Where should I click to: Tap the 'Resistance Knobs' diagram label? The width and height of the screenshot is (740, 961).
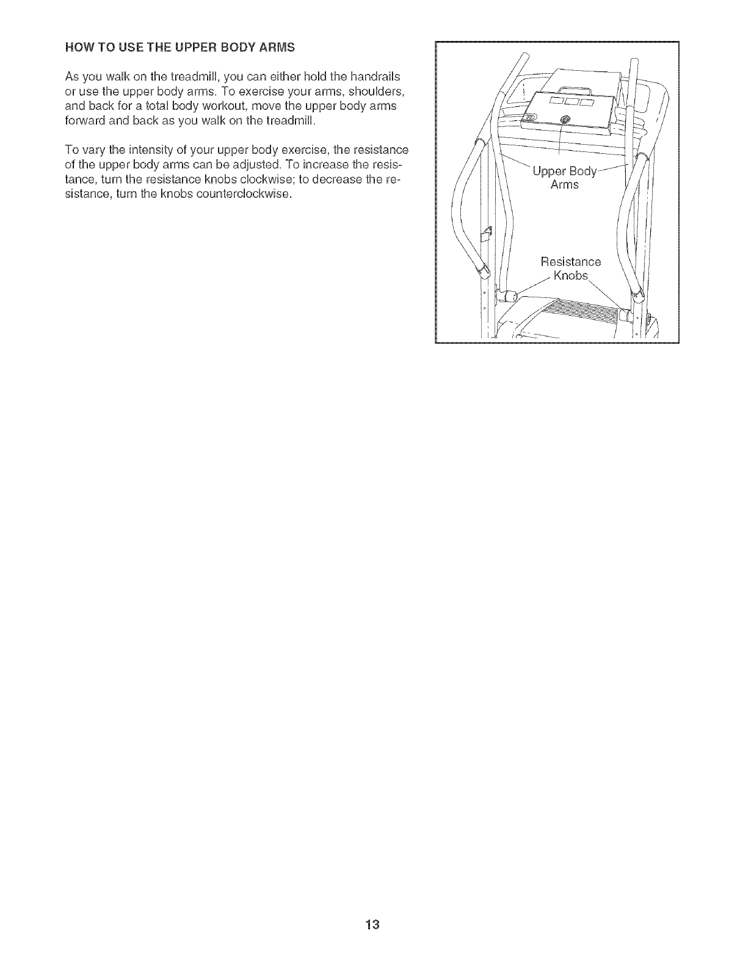point(570,269)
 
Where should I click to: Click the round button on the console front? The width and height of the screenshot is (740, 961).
point(564,120)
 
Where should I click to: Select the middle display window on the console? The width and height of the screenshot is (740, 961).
point(571,101)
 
